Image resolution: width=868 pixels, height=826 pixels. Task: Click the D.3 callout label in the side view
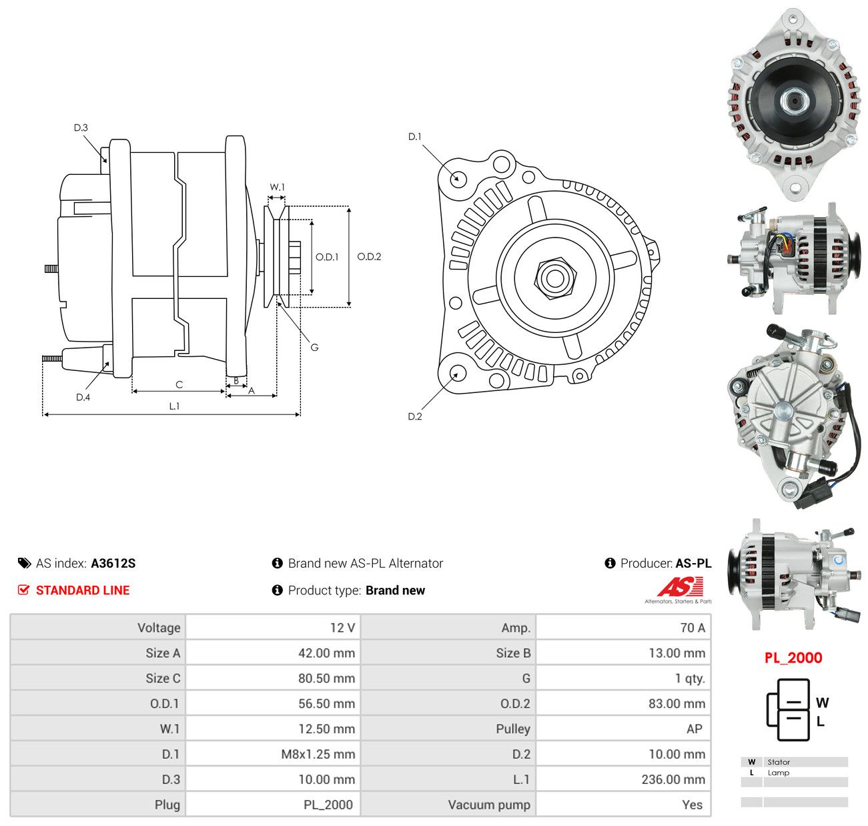pyautogui.click(x=80, y=127)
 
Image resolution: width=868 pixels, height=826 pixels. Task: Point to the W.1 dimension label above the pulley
pyautogui.click(x=278, y=187)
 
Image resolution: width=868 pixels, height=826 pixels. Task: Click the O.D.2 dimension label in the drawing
pyautogui.click(x=369, y=256)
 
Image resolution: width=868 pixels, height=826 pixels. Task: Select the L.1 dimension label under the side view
pyautogui.click(x=174, y=406)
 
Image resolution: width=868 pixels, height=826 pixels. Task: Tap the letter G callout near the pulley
pyautogui.click(x=314, y=347)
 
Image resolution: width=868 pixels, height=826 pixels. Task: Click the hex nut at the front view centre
pyautogui.click(x=555, y=278)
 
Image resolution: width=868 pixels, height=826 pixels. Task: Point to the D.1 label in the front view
pyautogui.click(x=414, y=137)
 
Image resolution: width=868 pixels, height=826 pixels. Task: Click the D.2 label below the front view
pyautogui.click(x=414, y=416)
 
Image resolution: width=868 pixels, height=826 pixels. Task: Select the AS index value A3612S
pyautogui.click(x=113, y=563)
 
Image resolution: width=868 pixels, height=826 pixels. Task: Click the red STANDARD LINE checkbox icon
pyautogui.click(x=24, y=590)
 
